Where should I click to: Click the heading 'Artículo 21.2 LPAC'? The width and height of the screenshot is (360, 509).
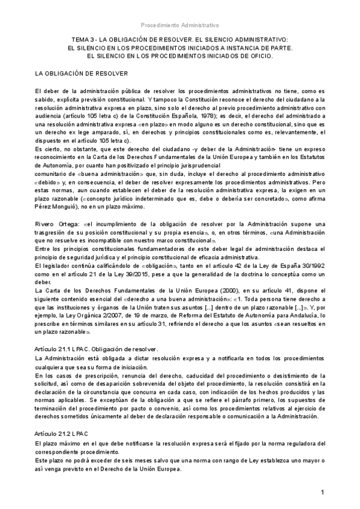click(62, 433)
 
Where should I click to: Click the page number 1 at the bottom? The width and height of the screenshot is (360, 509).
click(323, 492)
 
